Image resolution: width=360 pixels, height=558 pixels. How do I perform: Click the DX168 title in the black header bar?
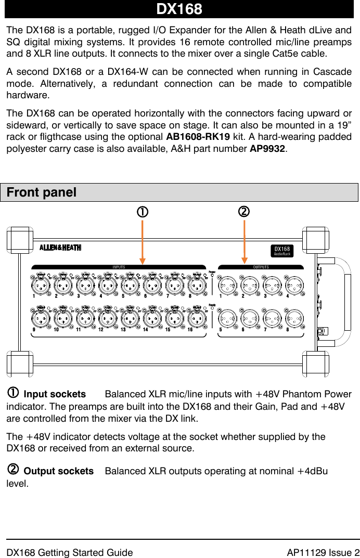(179, 9)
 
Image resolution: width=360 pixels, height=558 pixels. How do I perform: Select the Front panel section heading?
(42, 192)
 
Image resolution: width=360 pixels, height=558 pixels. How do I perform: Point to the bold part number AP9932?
(267, 149)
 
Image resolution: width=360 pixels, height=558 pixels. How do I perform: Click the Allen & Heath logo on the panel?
(60, 248)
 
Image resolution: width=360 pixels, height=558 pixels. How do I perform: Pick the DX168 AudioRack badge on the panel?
(283, 251)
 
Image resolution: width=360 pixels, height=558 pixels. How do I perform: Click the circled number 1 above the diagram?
(142, 212)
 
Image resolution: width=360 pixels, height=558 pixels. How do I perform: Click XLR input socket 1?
(41, 285)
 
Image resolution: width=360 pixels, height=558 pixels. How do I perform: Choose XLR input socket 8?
(197, 285)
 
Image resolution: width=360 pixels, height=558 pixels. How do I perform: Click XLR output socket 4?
(294, 285)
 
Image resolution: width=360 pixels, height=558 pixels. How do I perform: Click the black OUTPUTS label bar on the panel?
(260, 267)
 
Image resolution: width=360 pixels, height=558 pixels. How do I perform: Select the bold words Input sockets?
(55, 395)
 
